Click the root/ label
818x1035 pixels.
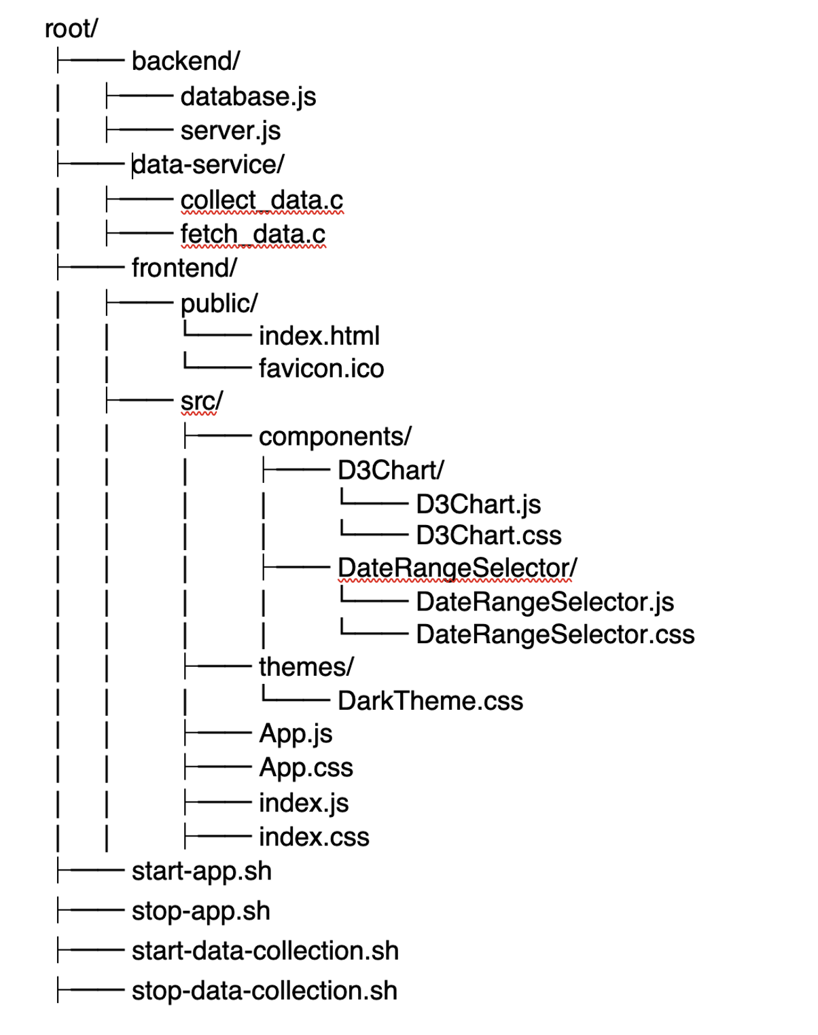(x=71, y=29)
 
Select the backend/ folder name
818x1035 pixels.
(x=185, y=61)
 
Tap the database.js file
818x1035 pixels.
(x=248, y=96)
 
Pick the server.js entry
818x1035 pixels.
(x=230, y=130)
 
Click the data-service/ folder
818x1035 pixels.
(x=208, y=164)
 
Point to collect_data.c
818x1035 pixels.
(x=262, y=200)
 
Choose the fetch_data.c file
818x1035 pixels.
(x=253, y=234)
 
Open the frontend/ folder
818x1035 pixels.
(x=184, y=268)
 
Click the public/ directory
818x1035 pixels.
(x=219, y=303)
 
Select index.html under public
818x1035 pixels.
(x=319, y=335)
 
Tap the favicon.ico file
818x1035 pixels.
(x=321, y=368)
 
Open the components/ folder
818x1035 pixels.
(x=335, y=436)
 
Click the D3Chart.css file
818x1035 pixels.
(x=488, y=535)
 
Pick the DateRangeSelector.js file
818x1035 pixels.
(x=545, y=602)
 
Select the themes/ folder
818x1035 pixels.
(x=306, y=667)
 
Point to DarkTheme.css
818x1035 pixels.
(x=430, y=701)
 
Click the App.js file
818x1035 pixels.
(x=296, y=733)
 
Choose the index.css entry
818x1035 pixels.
(x=314, y=837)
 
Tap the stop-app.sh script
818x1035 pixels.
(x=200, y=911)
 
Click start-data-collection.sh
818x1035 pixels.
(x=265, y=951)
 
